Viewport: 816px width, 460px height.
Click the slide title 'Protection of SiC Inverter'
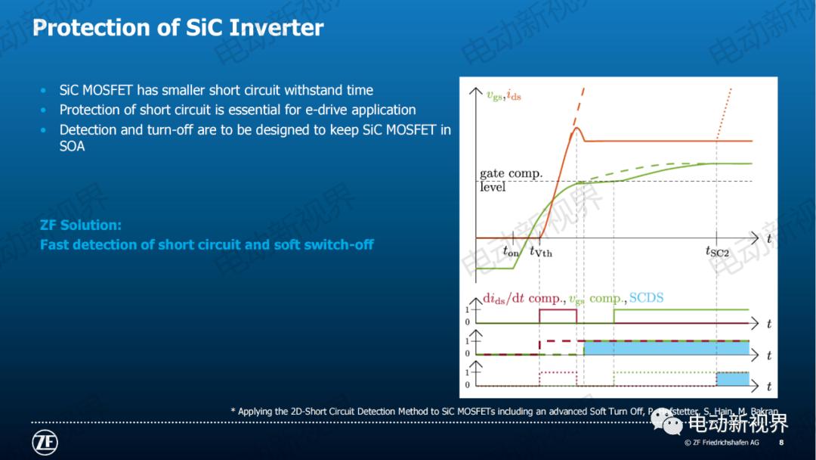(178, 28)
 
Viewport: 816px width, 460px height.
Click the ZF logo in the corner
(45, 442)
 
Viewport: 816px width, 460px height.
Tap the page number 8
(780, 442)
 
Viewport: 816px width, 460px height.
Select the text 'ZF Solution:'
(80, 225)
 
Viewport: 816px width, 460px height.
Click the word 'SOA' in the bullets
(72, 146)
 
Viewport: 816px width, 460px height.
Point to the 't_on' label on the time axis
(511, 251)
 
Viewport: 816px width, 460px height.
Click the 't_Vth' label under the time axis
(540, 251)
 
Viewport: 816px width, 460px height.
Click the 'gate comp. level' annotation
(510, 180)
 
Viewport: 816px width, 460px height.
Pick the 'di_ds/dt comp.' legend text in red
(522, 298)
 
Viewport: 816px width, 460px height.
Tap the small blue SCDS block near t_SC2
(732, 378)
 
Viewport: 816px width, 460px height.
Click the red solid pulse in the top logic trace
(558, 310)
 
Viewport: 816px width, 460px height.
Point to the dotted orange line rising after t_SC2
(727, 113)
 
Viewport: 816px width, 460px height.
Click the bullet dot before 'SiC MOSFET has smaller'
(43, 91)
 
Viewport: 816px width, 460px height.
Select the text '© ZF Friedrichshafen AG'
(722, 442)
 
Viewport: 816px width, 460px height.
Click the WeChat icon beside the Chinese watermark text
(666, 421)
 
